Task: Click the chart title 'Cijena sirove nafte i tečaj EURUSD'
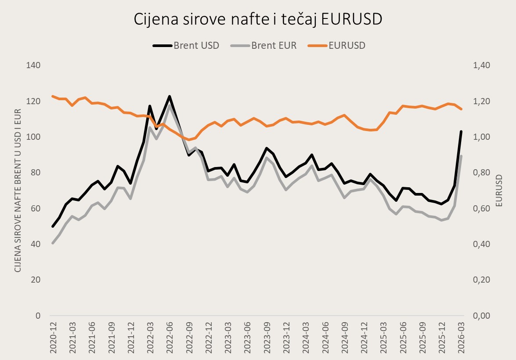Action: click(x=258, y=19)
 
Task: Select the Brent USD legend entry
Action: click(x=186, y=45)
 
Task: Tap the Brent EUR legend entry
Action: click(x=263, y=45)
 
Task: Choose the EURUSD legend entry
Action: click(x=337, y=45)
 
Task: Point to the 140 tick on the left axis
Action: click(x=33, y=65)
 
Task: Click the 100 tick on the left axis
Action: click(x=33, y=137)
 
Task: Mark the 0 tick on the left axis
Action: click(x=38, y=316)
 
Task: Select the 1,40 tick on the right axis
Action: click(x=481, y=65)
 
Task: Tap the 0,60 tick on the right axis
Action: click(x=481, y=208)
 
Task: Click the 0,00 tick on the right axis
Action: click(x=481, y=316)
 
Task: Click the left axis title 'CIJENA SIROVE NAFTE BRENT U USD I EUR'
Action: click(x=18, y=190)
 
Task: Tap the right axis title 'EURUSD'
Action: click(x=499, y=190)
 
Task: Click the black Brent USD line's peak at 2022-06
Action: click(x=170, y=96)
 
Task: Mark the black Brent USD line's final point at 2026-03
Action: click(x=461, y=131)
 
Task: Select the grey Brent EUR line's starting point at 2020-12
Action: click(x=53, y=243)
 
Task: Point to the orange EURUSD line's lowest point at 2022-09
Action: click(x=189, y=140)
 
